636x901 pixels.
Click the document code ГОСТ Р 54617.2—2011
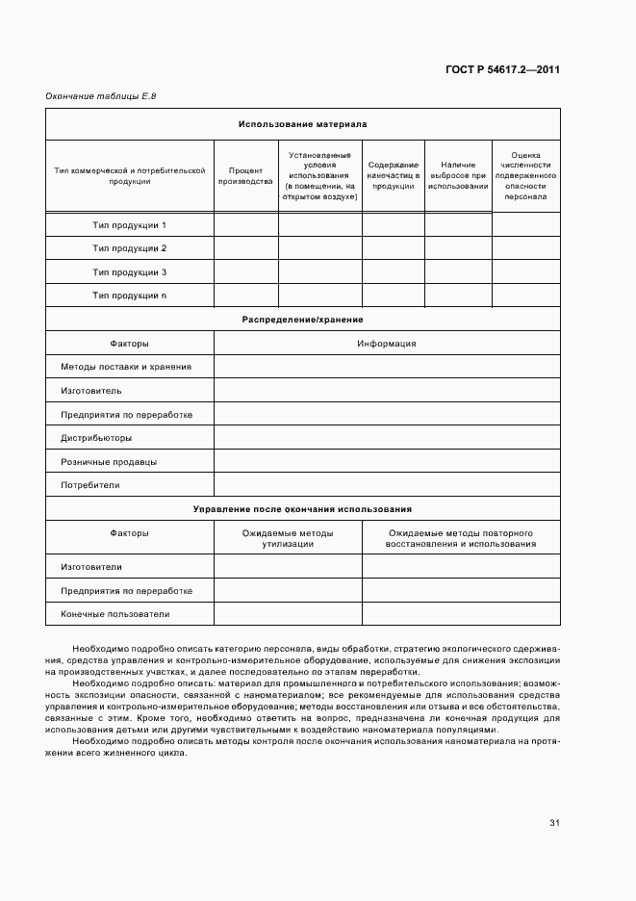503,70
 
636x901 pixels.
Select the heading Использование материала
302,124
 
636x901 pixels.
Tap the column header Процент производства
245,174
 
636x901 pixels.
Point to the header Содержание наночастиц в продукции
393,174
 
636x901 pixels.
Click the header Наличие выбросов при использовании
458,174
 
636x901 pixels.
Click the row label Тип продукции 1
129,224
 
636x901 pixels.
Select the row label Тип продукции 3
129,271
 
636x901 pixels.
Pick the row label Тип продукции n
129,295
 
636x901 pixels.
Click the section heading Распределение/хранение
302,319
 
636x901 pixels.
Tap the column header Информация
386,343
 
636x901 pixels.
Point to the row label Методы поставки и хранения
126,367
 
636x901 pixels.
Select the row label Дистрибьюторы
96,437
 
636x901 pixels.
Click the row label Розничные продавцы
109,461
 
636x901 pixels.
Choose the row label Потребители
90,485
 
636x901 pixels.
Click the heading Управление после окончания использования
302,508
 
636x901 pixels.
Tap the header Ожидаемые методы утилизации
287,538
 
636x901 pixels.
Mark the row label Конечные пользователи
114,613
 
